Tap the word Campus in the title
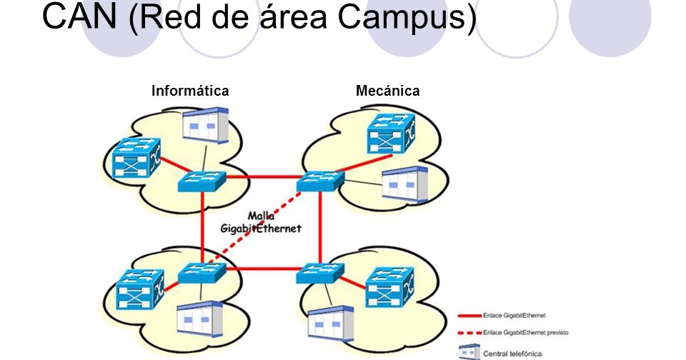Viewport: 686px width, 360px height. [x=407, y=17]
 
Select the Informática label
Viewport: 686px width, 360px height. [x=190, y=91]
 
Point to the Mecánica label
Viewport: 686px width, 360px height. [x=387, y=91]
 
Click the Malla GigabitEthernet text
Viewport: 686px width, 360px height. [x=260, y=222]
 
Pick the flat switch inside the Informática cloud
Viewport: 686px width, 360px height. [x=202, y=181]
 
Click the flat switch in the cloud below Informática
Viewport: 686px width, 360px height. [x=202, y=273]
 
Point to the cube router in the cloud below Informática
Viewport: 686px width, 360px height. [x=140, y=290]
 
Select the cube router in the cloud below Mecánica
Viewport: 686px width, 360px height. [x=389, y=287]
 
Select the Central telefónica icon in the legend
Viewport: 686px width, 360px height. [x=468, y=351]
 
